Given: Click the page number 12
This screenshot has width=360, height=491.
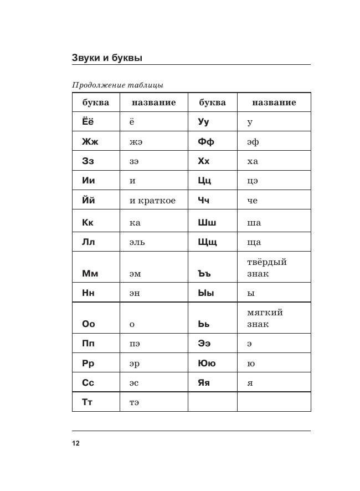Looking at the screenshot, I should [x=76, y=443].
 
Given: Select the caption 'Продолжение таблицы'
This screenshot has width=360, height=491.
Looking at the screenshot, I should [x=117, y=85].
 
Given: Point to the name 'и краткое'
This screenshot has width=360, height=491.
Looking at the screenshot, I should [x=152, y=201].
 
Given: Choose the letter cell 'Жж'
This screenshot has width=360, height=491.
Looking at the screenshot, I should [x=90, y=141].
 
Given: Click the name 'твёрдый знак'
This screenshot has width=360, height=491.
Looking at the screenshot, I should [x=267, y=268].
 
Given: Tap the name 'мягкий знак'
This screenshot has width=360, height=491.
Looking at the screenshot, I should [x=265, y=318].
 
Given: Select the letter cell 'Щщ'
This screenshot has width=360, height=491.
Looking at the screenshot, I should [x=207, y=242].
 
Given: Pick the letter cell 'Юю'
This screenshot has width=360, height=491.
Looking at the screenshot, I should [x=207, y=364].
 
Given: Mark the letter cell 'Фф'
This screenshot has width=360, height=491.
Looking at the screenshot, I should [x=206, y=141].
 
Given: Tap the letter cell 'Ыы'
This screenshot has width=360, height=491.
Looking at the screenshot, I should [x=205, y=293].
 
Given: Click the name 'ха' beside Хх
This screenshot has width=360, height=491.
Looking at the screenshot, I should [x=253, y=161].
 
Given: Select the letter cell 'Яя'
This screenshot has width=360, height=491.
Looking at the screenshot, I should [x=204, y=383].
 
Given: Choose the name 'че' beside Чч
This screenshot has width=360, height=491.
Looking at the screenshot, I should [x=253, y=201].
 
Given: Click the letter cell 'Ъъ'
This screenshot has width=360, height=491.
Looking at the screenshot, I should [x=205, y=273].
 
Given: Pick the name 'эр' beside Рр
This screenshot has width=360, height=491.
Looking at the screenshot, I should [x=135, y=364].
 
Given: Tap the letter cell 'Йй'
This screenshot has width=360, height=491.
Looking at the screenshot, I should [x=88, y=201].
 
